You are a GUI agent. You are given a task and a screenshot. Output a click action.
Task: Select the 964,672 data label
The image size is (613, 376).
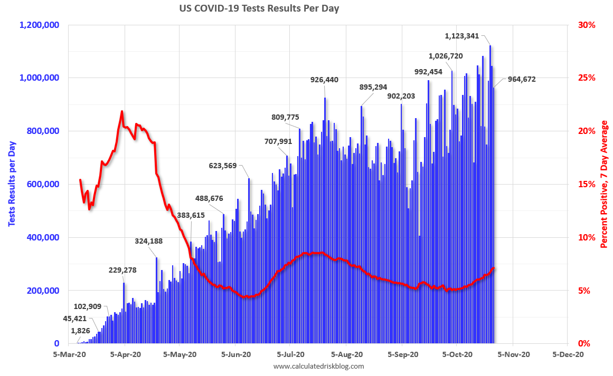tap(522, 80)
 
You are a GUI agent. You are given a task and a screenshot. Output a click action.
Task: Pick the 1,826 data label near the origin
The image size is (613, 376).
tap(81, 331)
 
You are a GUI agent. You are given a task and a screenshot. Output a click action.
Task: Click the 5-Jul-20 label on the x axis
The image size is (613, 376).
tap(291, 355)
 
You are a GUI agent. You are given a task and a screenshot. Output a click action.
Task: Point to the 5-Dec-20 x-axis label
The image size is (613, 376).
tap(568, 355)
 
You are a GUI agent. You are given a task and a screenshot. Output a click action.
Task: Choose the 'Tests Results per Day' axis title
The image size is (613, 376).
tap(12, 184)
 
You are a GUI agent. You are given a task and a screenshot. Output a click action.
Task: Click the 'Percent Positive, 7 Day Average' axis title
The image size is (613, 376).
tap(604, 184)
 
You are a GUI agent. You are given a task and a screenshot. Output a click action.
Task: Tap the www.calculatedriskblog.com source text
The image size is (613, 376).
tap(318, 366)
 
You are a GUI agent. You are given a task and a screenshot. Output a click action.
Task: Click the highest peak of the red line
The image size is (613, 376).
tap(122, 111)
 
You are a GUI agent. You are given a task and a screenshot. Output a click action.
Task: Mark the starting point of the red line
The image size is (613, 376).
tap(80, 180)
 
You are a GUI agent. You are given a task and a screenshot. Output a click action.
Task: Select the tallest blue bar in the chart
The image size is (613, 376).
tap(490, 194)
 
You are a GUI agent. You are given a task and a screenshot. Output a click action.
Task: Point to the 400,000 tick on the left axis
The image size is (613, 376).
tap(45, 237)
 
